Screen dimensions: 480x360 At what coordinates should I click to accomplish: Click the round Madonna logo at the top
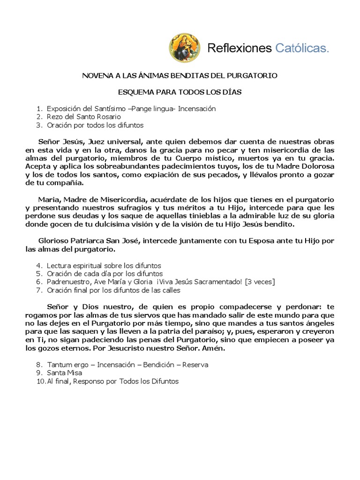(x=184, y=48)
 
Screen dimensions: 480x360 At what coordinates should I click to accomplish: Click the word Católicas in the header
(x=301, y=48)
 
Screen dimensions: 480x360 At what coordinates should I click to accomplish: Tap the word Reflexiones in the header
(x=240, y=48)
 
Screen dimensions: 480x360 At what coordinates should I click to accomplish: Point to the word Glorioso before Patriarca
(x=56, y=240)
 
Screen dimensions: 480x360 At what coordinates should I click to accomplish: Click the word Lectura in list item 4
(x=59, y=265)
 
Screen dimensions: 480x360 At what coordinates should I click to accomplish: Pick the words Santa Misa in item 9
(x=64, y=373)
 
